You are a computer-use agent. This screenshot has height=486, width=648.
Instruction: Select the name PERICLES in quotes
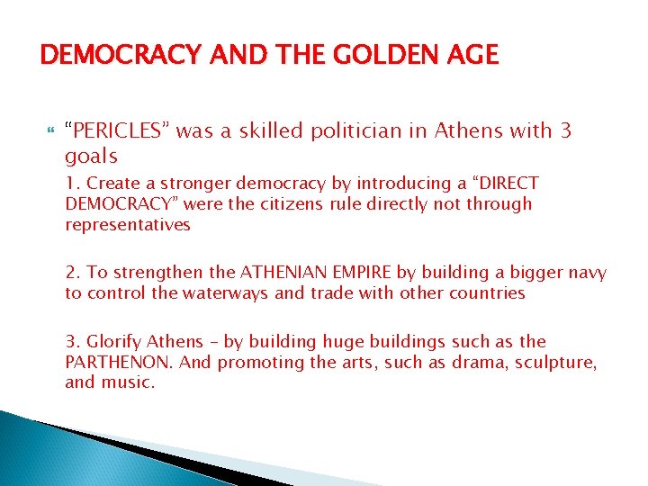tap(118, 131)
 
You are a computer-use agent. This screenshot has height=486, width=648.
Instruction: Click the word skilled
tap(264, 131)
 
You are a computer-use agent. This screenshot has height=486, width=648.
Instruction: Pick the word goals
tap(91, 156)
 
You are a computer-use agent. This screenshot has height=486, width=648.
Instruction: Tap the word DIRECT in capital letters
tap(507, 184)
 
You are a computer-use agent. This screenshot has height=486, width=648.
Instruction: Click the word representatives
tap(128, 225)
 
